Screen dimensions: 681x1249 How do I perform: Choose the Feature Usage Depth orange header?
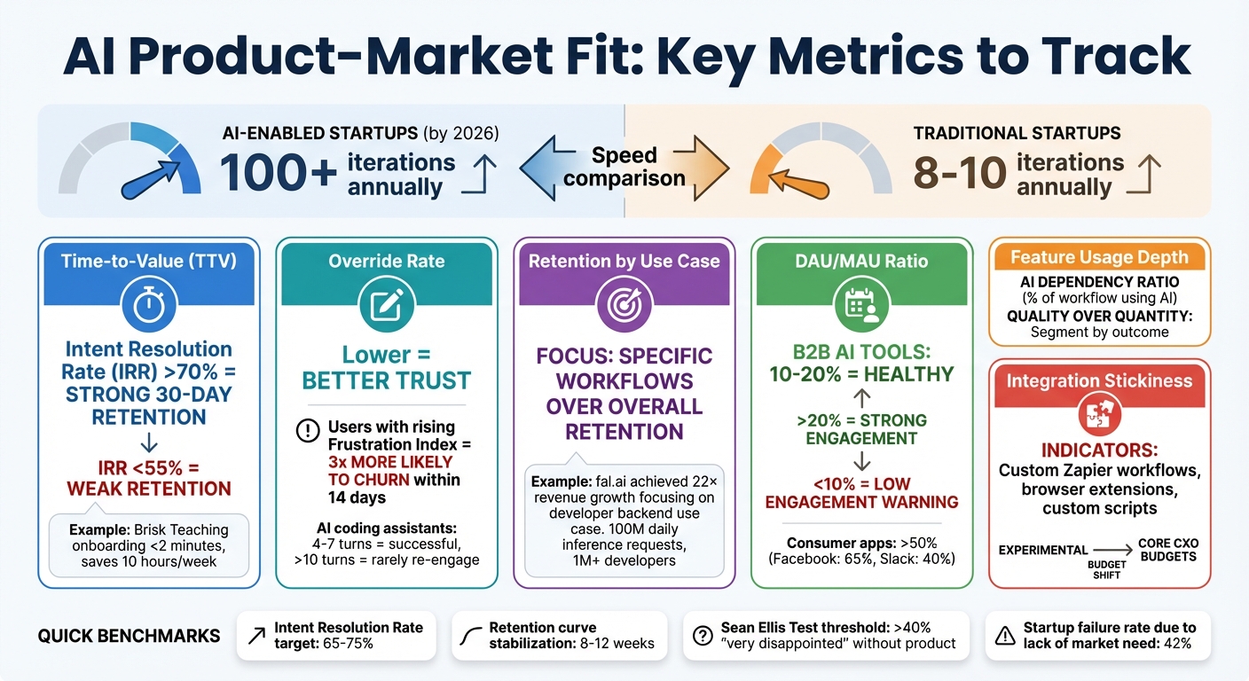1099,257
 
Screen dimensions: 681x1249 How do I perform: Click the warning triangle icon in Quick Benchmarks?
1005,635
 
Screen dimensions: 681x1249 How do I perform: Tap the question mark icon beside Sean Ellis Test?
703,635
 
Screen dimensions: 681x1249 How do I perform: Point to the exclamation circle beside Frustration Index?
307,431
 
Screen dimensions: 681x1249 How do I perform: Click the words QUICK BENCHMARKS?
130,636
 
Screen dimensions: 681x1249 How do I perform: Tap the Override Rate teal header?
387,262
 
